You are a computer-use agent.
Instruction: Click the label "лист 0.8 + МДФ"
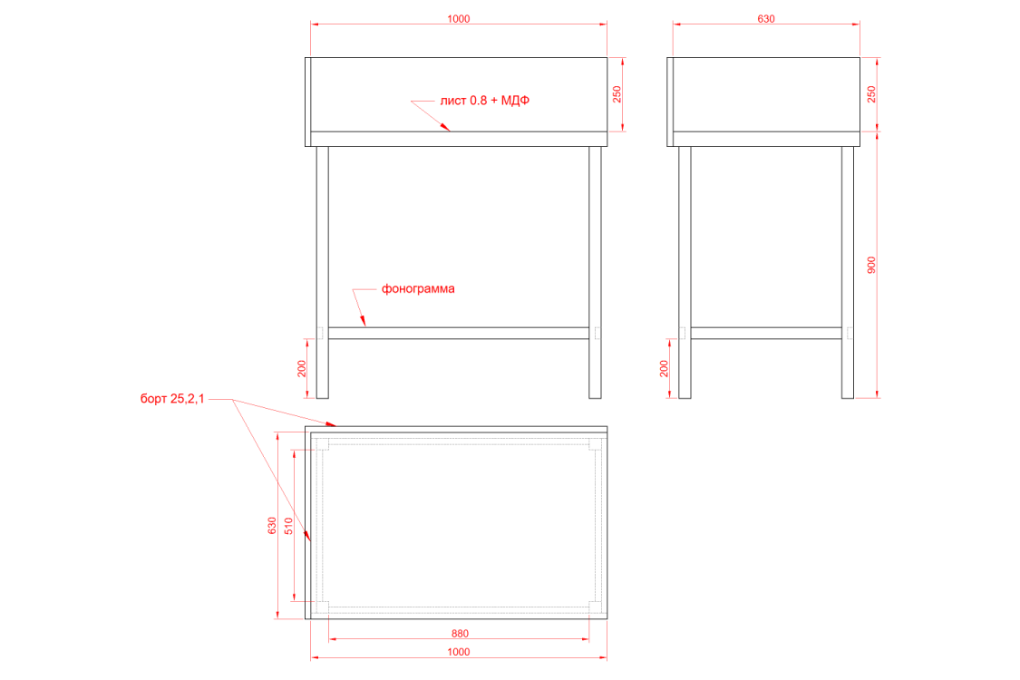coord(485,101)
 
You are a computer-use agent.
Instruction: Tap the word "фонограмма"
coord(418,288)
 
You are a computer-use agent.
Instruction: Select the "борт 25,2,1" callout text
coord(172,398)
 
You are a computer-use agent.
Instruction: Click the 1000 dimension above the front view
coord(459,19)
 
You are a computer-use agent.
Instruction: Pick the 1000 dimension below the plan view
coord(459,651)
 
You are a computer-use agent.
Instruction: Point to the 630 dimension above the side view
coord(766,19)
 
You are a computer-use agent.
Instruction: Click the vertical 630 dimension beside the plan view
coord(272,526)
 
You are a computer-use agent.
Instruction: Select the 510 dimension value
coord(288,526)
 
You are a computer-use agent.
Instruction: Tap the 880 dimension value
coord(460,633)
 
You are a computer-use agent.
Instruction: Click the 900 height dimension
coord(871,265)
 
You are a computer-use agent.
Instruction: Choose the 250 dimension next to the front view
coord(617,94)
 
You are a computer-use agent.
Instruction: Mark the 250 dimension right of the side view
coord(871,94)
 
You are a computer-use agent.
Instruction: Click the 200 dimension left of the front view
coord(301,368)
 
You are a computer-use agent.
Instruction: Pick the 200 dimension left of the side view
coord(664,368)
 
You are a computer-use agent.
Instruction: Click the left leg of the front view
coord(322,272)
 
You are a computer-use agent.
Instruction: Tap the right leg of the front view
coord(595,272)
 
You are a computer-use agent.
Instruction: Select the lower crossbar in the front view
coord(459,333)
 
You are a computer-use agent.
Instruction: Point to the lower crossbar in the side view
coord(766,333)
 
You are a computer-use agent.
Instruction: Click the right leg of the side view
coord(848,272)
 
